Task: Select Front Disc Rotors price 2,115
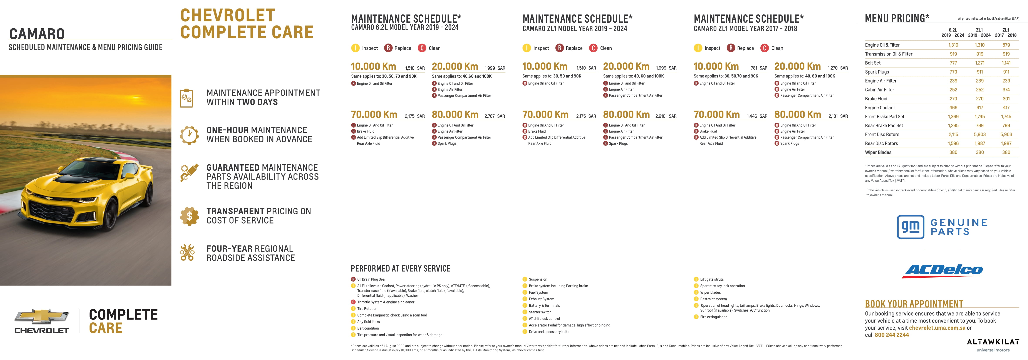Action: point(953,135)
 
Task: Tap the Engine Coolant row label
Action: point(880,108)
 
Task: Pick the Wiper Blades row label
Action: point(878,152)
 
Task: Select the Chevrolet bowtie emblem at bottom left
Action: point(42,316)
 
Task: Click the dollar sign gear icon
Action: point(189,216)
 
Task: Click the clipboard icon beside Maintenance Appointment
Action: point(186,98)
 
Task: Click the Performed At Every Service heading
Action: point(400,269)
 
